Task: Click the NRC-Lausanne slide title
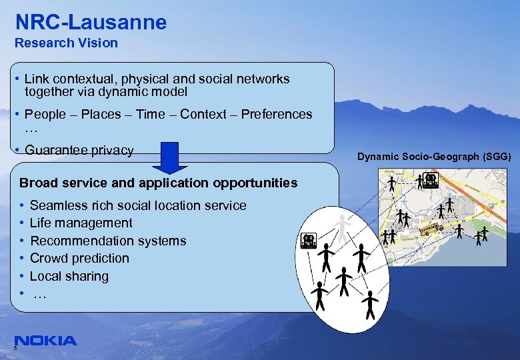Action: click(91, 22)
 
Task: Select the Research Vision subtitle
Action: click(66, 43)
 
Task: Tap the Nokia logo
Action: click(45, 341)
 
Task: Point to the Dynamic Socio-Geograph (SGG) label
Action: click(434, 157)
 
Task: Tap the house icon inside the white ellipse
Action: click(309, 241)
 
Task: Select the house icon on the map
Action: click(430, 180)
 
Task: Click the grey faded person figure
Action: click(343, 228)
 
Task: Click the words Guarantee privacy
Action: click(79, 150)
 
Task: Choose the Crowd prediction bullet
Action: click(79, 258)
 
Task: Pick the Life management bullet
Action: click(81, 223)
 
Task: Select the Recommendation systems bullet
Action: click(108, 241)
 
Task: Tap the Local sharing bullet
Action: click(69, 276)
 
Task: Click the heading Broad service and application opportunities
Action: click(159, 183)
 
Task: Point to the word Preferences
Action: click(276, 114)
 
